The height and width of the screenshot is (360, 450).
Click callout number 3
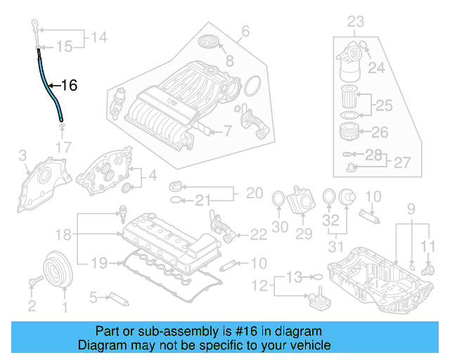pos(22,155)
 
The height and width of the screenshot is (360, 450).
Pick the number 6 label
pos(245,31)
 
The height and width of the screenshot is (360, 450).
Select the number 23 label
pos(356,22)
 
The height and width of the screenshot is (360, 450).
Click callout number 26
pos(379,131)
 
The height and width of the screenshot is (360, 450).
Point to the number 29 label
pos(304,233)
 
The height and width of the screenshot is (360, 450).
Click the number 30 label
pos(280,227)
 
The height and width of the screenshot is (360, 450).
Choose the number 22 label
pos(258,233)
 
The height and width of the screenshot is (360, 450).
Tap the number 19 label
pos(100,263)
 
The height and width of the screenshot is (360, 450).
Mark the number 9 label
pos(412,207)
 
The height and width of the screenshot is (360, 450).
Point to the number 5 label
pos(92,299)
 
